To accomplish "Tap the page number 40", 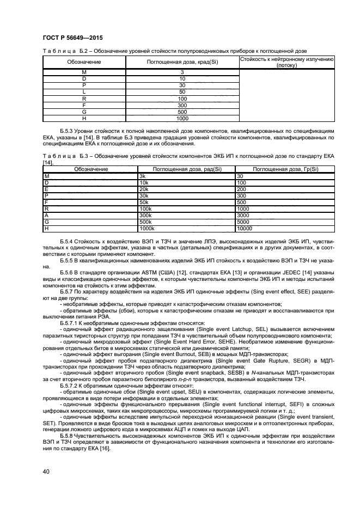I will (47, 471).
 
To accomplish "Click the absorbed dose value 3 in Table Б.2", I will (182, 72).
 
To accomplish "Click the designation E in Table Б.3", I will (46, 188).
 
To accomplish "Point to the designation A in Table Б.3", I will (46, 215).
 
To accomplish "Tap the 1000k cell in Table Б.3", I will (147, 229).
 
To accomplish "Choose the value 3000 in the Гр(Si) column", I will (242, 215).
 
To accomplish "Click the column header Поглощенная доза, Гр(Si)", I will (285, 169).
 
